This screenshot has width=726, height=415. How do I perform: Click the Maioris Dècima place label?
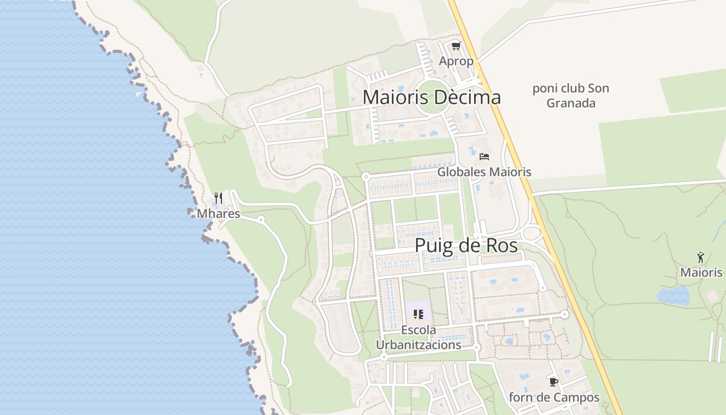pyautogui.click(x=431, y=97)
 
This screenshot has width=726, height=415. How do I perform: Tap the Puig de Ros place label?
pyautogui.click(x=466, y=245)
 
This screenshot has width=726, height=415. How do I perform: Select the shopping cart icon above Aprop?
pyautogui.click(x=456, y=46)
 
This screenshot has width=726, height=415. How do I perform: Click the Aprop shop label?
pyautogui.click(x=456, y=61)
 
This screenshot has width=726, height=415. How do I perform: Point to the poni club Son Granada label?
pyautogui.click(x=570, y=95)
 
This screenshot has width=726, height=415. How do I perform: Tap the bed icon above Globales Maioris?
pyautogui.click(x=484, y=156)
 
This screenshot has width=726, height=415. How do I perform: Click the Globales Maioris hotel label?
pyautogui.click(x=484, y=172)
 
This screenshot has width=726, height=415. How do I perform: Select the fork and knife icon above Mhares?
pyautogui.click(x=218, y=198)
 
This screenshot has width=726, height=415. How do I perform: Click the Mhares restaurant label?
pyautogui.click(x=218, y=214)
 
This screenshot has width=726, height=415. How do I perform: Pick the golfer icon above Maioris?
pyautogui.click(x=701, y=257)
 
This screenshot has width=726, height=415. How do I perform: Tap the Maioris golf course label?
pyautogui.click(x=701, y=272)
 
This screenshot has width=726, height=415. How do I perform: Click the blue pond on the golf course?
pyautogui.click(x=673, y=296)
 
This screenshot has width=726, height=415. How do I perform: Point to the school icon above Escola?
pyautogui.click(x=418, y=314)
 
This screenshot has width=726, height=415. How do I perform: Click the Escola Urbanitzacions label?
pyautogui.click(x=418, y=337)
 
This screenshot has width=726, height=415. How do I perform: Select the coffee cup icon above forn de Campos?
pyautogui.click(x=554, y=382)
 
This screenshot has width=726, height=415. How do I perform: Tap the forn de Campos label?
pyautogui.click(x=554, y=398)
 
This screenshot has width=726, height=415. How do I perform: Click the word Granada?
pyautogui.click(x=570, y=103)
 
